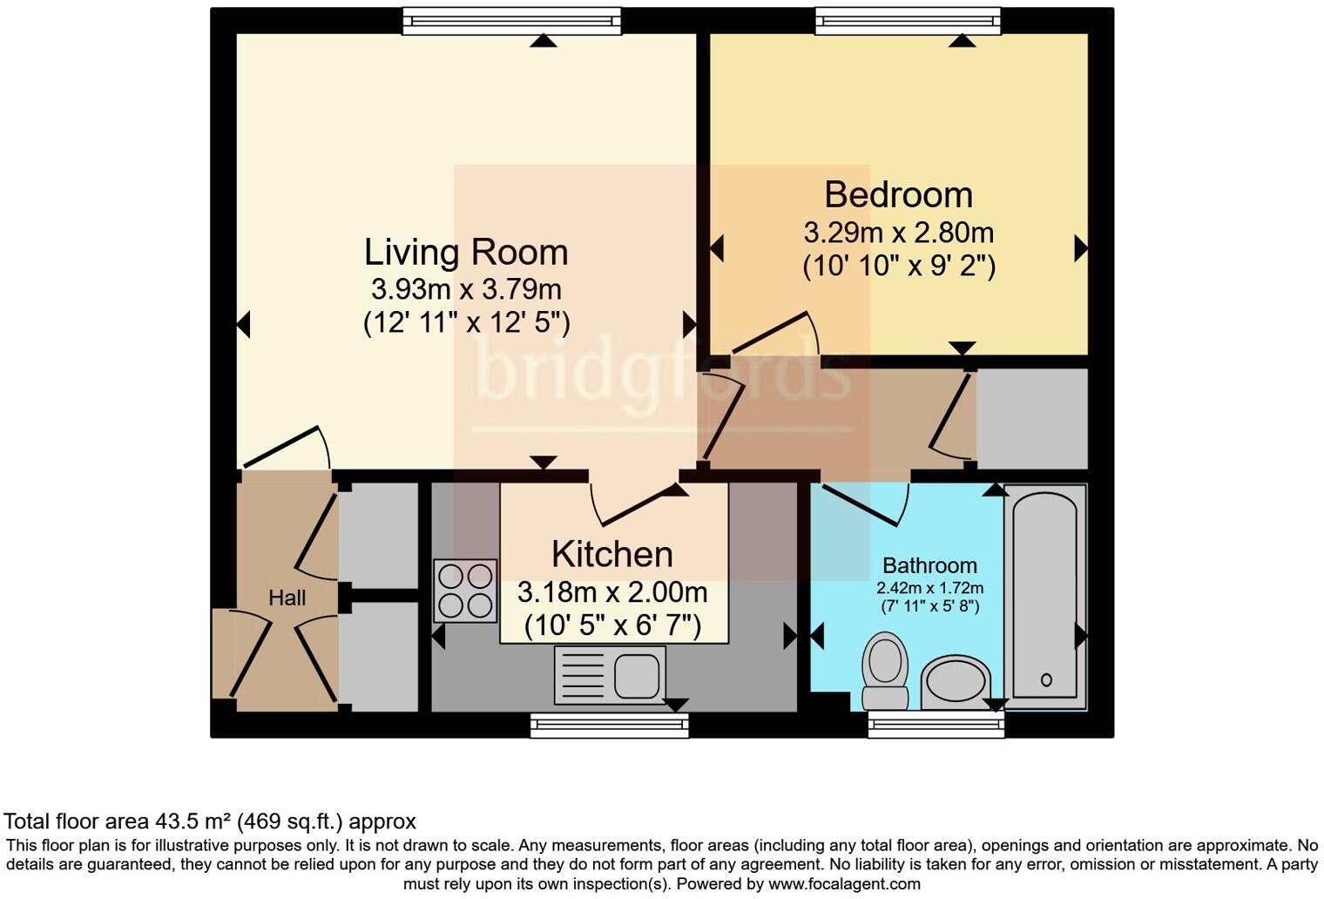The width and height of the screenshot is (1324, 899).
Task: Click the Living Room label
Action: point(466,253)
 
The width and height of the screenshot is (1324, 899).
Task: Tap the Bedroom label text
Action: point(898,195)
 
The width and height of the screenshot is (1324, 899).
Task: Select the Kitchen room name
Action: point(612,554)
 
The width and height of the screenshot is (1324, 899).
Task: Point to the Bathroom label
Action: point(929,565)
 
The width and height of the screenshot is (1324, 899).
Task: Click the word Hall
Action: point(287,598)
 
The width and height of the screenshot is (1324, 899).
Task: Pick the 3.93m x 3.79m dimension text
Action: point(466,289)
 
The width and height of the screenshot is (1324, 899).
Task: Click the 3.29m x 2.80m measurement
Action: point(898,233)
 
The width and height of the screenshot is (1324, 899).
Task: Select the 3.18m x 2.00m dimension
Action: point(612,592)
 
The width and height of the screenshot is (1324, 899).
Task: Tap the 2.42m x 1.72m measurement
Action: point(929,588)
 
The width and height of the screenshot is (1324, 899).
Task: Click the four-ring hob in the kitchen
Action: point(465,591)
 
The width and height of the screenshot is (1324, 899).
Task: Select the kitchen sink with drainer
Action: point(610,675)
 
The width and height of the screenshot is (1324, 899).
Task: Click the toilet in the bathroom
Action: point(885,671)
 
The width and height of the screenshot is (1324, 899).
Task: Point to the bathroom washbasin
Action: point(956,682)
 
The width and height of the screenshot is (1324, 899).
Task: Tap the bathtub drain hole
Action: point(1046,679)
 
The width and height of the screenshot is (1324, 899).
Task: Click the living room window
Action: point(512,21)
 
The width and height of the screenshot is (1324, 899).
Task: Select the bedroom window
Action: point(908,21)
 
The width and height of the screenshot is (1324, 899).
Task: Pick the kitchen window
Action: point(610,726)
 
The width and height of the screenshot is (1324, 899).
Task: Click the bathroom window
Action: point(936,725)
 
